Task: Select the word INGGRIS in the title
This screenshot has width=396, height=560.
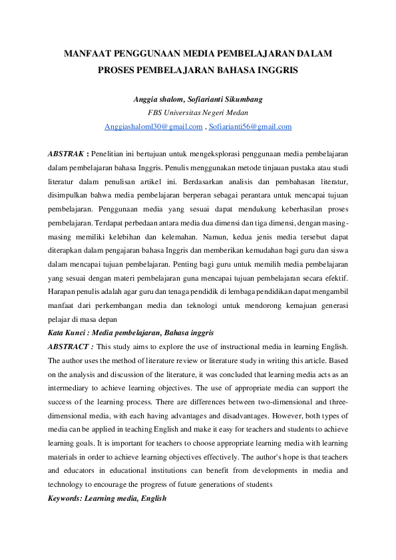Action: click(275, 69)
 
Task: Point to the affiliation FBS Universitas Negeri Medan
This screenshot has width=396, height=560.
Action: click(198, 112)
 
